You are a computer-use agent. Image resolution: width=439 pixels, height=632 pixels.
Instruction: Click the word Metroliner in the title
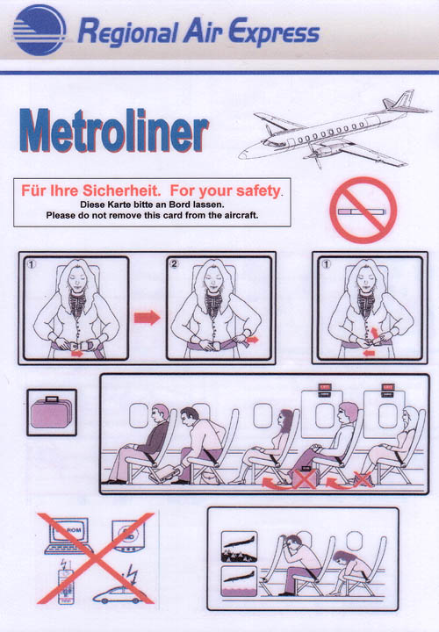(113, 133)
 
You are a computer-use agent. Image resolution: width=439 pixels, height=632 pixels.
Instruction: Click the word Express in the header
(274, 33)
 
